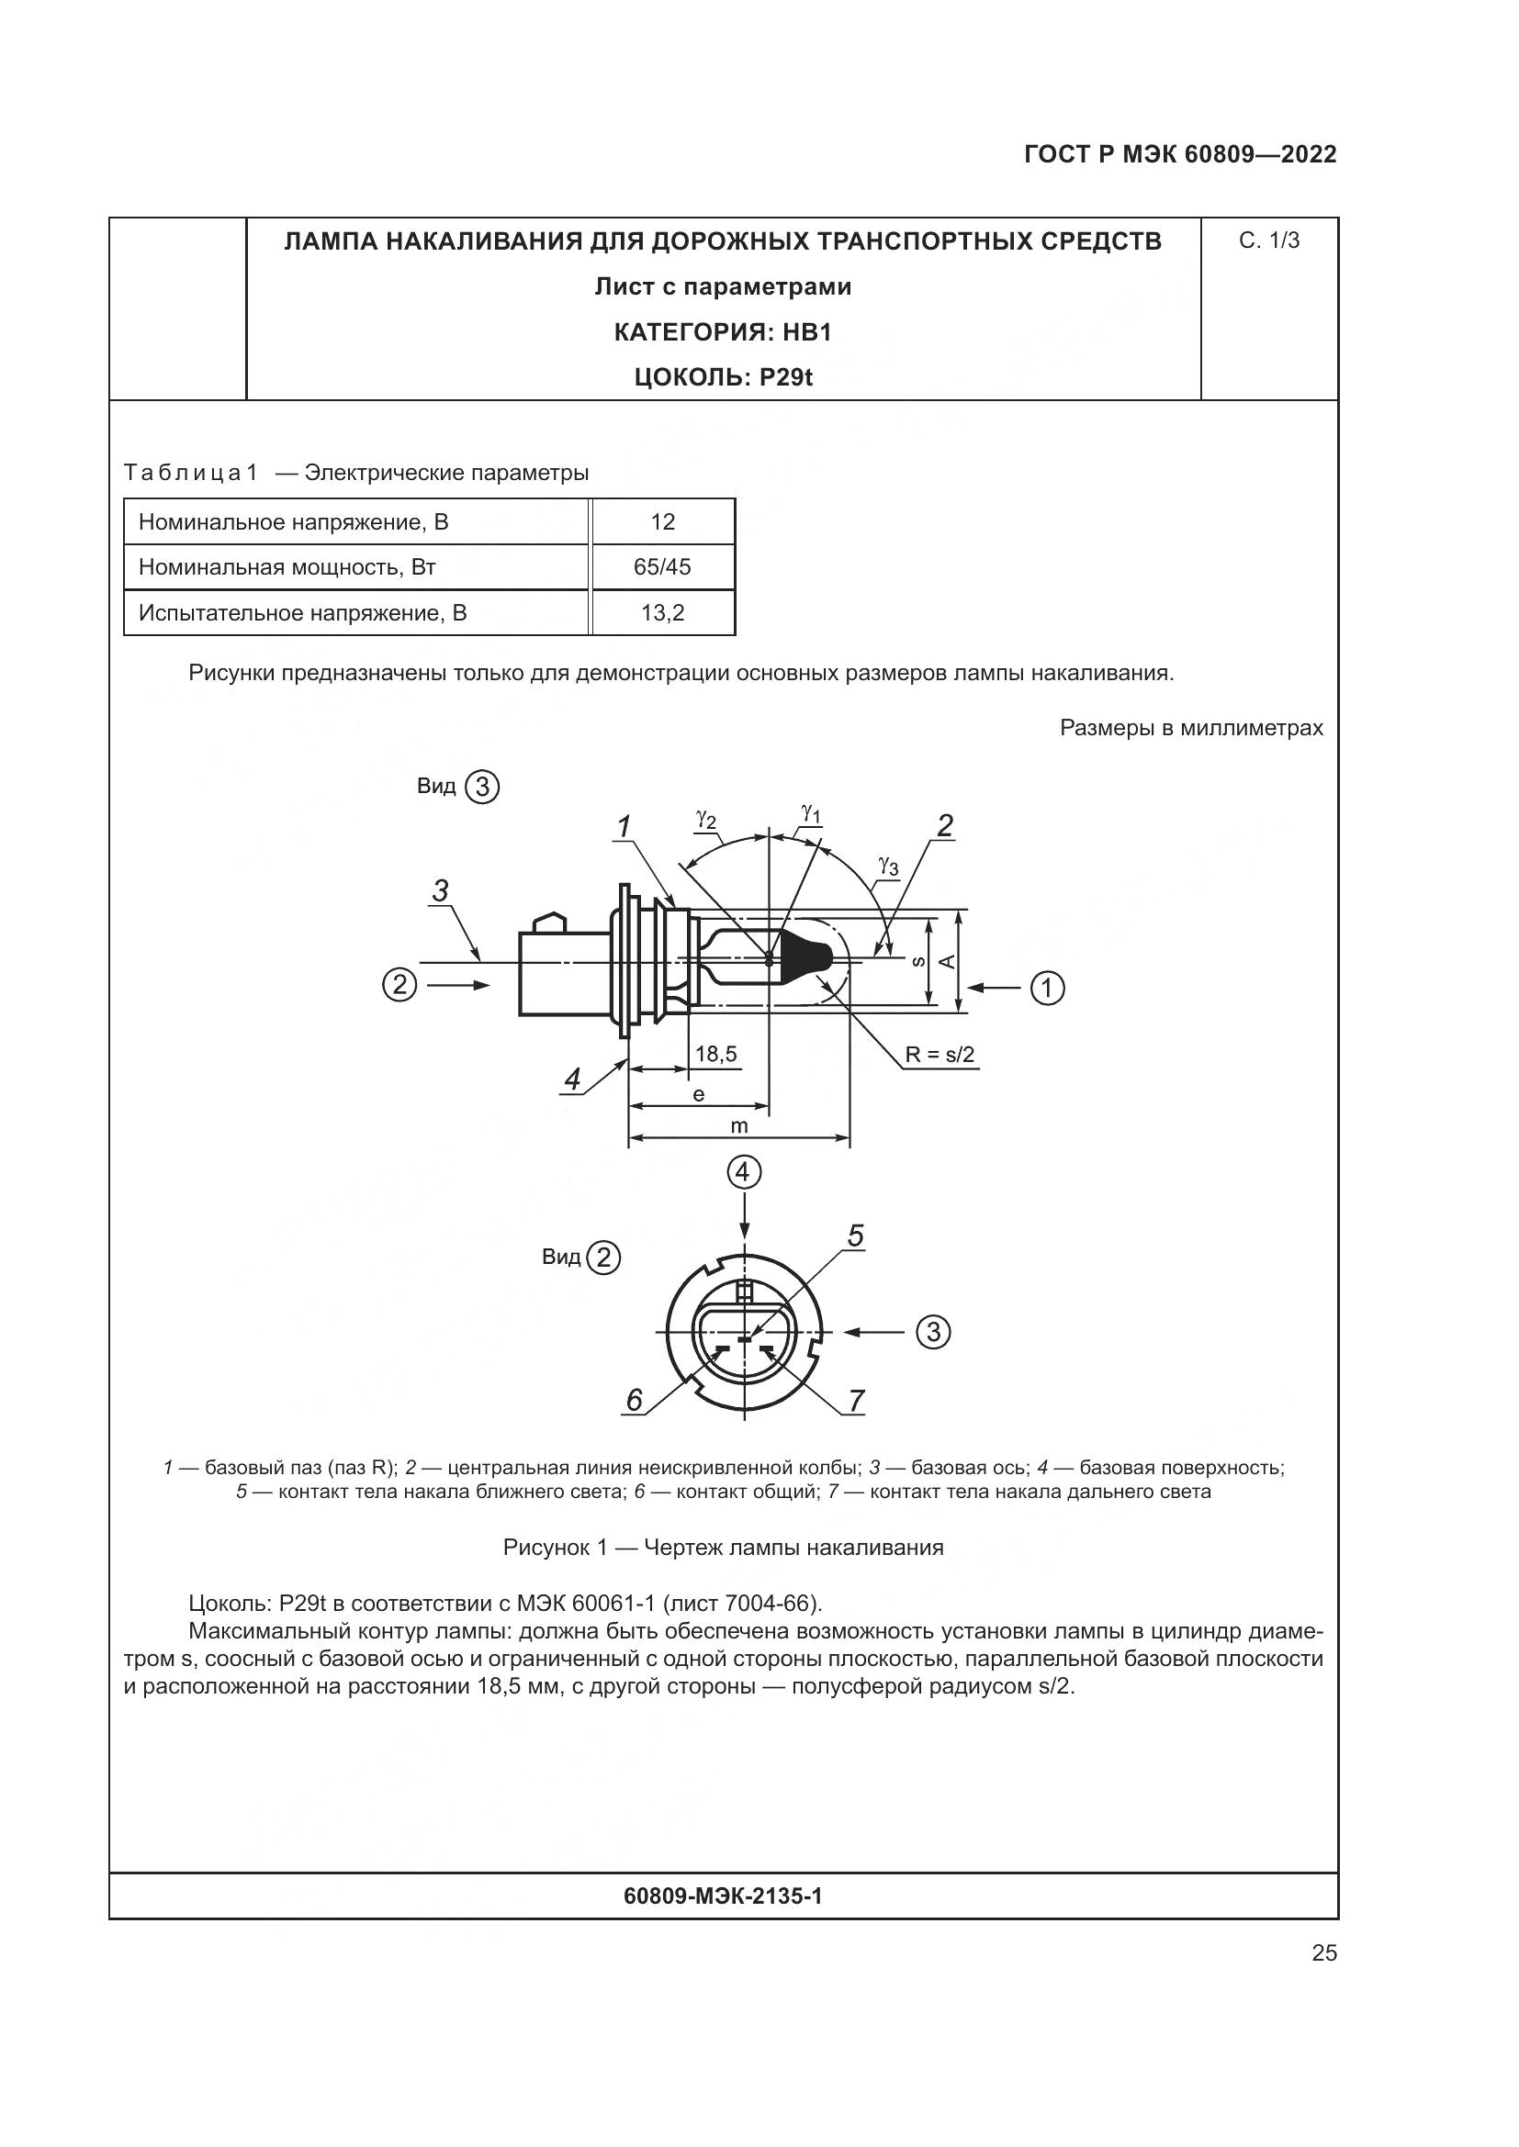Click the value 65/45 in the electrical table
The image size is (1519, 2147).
[x=662, y=567]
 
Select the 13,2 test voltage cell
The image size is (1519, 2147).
[x=662, y=613]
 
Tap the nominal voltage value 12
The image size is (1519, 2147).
[x=662, y=521]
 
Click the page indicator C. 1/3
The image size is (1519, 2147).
[x=1269, y=241]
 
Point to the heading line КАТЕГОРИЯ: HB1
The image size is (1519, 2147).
[x=722, y=332]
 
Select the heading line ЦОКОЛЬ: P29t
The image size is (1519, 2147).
[x=722, y=378]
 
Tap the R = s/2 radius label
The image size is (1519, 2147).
[x=940, y=1056]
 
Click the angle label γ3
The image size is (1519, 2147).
[x=888, y=866]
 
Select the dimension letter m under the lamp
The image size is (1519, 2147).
[x=739, y=1127]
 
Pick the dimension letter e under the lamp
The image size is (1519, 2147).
[x=698, y=1094]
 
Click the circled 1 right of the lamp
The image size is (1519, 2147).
[x=1048, y=988]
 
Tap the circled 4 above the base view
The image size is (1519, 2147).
[x=744, y=1171]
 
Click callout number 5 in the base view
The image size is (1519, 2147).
[x=855, y=1237]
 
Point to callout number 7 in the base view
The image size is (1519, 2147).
[x=856, y=1401]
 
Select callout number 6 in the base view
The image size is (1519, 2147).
[x=635, y=1400]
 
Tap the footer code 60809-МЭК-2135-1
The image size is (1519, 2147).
[x=722, y=1896]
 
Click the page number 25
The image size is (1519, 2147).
[x=1323, y=1953]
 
